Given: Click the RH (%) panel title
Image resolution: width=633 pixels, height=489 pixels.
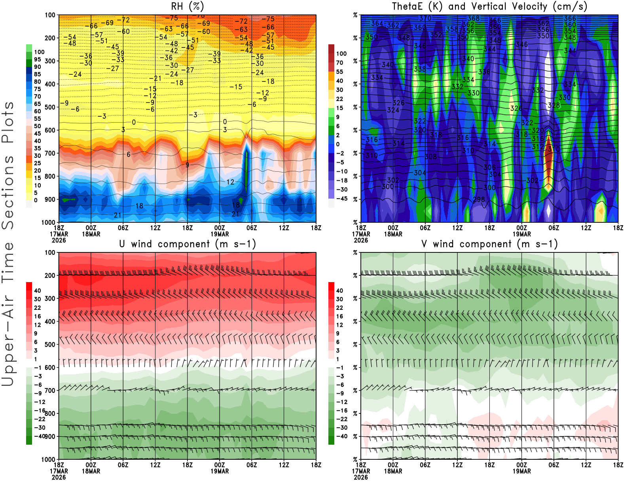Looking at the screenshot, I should coord(188,6).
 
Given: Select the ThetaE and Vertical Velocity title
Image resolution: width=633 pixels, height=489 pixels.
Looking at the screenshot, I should coord(489,6).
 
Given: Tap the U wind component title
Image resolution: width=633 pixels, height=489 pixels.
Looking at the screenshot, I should coord(188,244).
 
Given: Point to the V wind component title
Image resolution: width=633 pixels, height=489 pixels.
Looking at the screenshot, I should coord(489,244).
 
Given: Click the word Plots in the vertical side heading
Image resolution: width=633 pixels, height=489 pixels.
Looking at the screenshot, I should coord(8,123).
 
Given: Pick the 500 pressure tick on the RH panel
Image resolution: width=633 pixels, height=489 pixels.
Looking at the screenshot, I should coord(50,107).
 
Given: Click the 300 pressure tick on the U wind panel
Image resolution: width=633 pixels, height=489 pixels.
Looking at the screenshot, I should coord(50,298).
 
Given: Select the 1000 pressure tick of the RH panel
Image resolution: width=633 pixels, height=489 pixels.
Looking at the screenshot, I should coord(48,222).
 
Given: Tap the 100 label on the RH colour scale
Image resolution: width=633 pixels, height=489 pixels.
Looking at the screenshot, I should coord(39,52).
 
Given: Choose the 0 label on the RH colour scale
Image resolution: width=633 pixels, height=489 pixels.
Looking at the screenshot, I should coord(36,200).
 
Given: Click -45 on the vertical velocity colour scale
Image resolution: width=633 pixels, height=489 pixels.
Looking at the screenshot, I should coord(341,199).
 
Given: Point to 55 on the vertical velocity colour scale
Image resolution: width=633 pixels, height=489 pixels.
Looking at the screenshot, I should coord(339,72).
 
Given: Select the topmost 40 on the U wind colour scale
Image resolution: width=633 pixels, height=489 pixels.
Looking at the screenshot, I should coord(37,290).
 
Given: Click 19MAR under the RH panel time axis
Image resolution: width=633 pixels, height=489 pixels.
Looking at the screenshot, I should coord(220,234).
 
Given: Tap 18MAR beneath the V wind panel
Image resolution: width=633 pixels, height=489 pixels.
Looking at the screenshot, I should coord(393,471).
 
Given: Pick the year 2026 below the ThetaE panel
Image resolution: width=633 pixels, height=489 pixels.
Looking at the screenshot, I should coord(361,240).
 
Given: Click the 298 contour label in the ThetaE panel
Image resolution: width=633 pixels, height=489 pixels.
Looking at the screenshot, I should coord(479,199).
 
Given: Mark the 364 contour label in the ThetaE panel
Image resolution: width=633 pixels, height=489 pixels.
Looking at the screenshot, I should coord(377,23).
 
